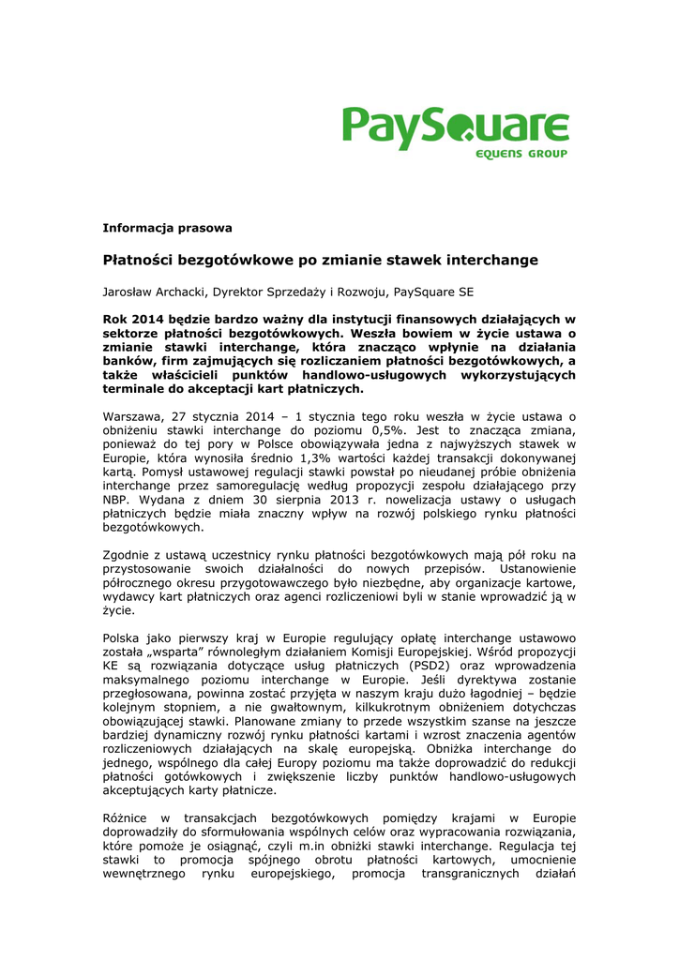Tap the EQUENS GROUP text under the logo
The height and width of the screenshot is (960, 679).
click(x=521, y=154)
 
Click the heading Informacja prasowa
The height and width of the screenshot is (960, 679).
click(x=167, y=228)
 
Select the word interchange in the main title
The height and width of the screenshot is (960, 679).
click(x=490, y=260)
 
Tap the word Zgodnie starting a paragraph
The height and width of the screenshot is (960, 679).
click(x=128, y=555)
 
